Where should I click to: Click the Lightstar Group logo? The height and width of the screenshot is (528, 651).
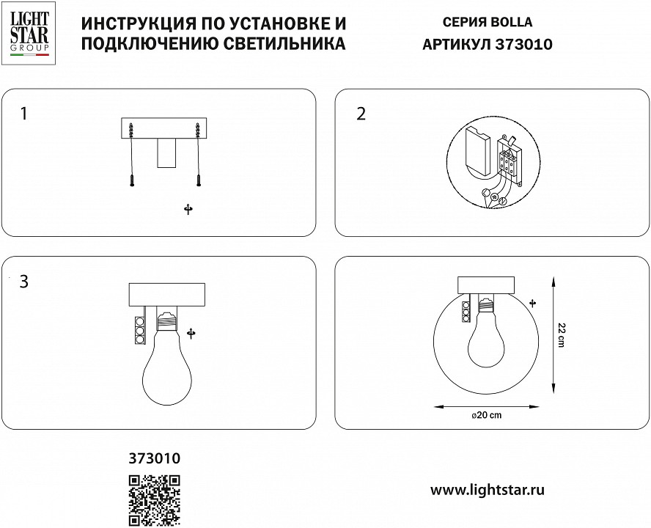click(29, 34)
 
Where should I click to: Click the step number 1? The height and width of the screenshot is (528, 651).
click(24, 114)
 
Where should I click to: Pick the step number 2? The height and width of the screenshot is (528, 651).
click(360, 114)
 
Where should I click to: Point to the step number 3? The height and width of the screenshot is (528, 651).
click(24, 282)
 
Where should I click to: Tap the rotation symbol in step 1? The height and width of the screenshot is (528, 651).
click(188, 210)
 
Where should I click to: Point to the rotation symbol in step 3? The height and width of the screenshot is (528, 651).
click(191, 334)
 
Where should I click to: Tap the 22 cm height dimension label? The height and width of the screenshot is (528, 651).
click(561, 336)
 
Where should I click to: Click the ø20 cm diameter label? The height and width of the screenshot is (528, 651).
click(486, 416)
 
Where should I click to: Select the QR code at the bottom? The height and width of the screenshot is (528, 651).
click(155, 500)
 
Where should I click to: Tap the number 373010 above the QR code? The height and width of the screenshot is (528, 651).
click(155, 459)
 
